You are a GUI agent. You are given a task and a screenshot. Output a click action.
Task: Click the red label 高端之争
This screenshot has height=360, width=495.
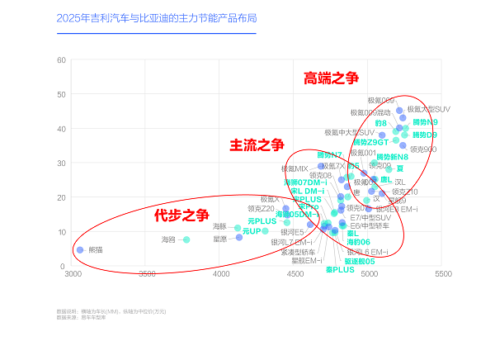(x=331, y=78)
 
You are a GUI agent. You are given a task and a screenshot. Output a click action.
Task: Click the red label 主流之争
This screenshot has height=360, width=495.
(x=256, y=145)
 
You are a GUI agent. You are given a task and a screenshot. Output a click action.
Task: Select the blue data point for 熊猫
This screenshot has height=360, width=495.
(x=80, y=249)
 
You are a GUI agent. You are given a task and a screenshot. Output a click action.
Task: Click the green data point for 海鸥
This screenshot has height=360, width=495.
(x=186, y=239)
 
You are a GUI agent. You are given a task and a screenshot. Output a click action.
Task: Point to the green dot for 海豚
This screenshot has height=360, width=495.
(x=238, y=228)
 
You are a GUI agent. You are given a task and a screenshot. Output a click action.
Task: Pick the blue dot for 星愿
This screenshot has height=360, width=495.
(x=239, y=238)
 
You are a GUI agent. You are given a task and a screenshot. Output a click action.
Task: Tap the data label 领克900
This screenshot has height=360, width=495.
(x=423, y=149)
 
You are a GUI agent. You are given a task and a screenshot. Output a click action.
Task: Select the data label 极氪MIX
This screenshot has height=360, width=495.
(x=295, y=168)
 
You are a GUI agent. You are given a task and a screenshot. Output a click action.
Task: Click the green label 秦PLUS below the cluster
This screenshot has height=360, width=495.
(x=339, y=270)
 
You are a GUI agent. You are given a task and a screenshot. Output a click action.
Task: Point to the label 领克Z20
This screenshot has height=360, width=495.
(x=261, y=209)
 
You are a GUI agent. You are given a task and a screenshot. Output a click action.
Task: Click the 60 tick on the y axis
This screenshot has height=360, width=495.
(x=63, y=59)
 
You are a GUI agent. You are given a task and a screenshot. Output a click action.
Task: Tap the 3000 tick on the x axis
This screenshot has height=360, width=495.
(x=74, y=273)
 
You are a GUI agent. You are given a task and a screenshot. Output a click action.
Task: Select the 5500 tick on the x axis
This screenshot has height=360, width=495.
(x=443, y=273)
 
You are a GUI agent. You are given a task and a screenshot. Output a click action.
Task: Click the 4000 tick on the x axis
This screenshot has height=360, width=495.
(x=222, y=273)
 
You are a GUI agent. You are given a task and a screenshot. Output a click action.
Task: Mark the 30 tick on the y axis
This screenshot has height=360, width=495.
(x=63, y=163)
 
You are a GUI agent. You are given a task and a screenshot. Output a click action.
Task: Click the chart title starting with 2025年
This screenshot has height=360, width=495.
(x=156, y=17)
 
